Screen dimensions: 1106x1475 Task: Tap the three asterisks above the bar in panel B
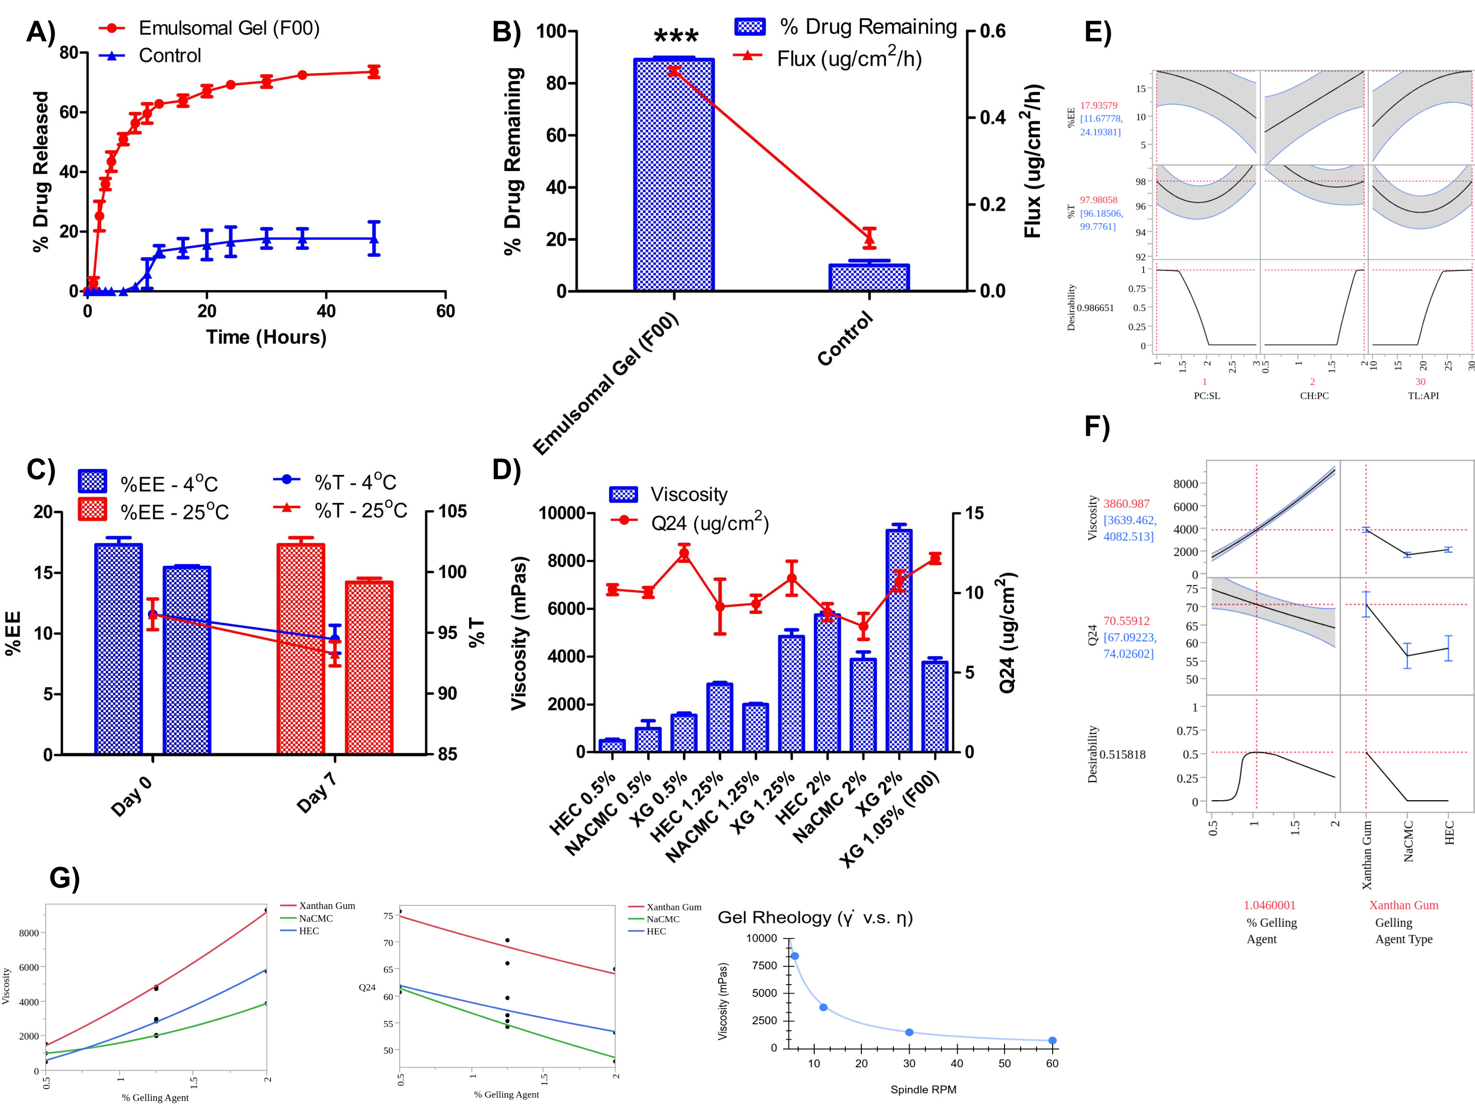pos(676,37)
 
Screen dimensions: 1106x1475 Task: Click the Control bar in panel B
pos(869,277)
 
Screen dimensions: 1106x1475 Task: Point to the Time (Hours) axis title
pos(266,337)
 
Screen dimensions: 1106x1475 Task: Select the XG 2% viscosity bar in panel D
pos(899,640)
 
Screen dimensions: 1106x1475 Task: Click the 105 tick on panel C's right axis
pos(452,511)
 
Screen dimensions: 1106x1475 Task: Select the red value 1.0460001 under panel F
pos(1269,904)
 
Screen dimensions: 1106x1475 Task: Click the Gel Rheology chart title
pos(814,917)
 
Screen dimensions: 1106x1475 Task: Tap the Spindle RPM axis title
pos(923,1089)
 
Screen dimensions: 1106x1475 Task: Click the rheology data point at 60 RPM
pos(1052,1041)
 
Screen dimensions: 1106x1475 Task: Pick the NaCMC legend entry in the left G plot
pos(316,918)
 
